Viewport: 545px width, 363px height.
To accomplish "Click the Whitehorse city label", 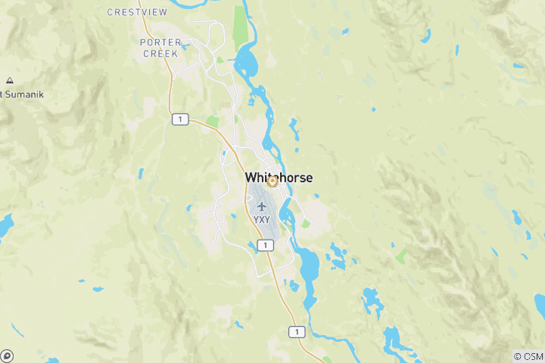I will pyautogui.click(x=279, y=178).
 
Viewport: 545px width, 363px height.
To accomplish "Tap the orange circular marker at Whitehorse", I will pyautogui.click(x=272, y=181).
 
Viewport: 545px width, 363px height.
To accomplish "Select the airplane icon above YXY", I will pyautogui.click(x=261, y=206).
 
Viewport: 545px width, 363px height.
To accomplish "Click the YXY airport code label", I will pyautogui.click(x=261, y=219).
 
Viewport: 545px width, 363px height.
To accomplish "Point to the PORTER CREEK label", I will pyautogui.click(x=160, y=48).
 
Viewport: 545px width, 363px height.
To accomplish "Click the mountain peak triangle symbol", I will pyautogui.click(x=9, y=80).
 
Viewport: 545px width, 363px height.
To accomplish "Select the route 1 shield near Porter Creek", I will pyautogui.click(x=179, y=119).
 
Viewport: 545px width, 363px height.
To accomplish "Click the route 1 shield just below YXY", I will pyautogui.click(x=263, y=245).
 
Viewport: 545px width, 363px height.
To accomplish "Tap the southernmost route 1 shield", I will pyautogui.click(x=297, y=331).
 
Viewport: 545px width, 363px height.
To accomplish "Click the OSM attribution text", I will pyautogui.click(x=528, y=355).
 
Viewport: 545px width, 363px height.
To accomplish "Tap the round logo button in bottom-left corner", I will pyautogui.click(x=7, y=355).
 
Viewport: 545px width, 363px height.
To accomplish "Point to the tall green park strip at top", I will pyautogui.click(x=241, y=26).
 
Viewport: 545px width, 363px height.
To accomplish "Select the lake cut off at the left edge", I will pyautogui.click(x=5, y=224).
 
